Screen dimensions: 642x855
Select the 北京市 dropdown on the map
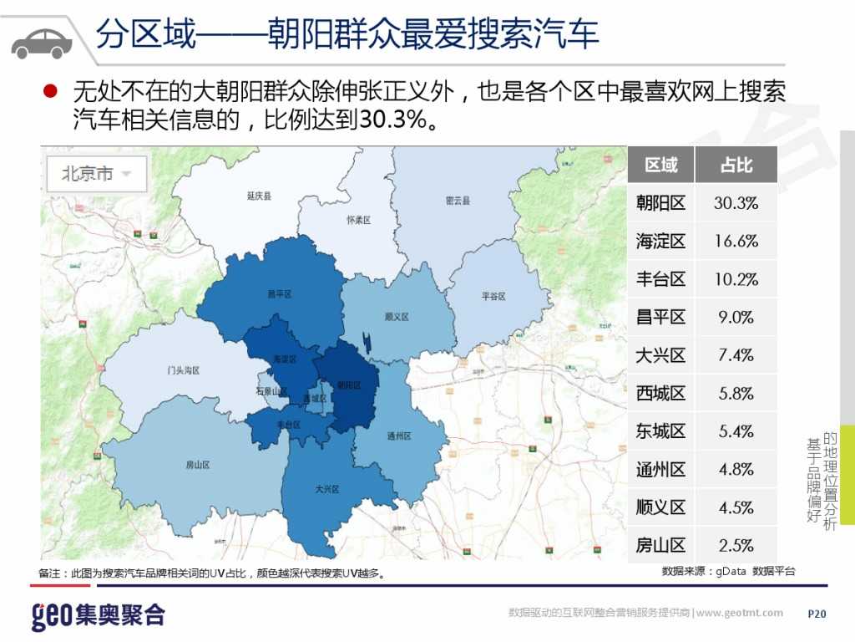click(x=97, y=174)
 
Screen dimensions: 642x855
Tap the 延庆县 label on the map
click(x=259, y=196)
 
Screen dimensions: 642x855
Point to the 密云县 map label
click(x=458, y=201)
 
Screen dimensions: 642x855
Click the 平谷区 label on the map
click(x=494, y=296)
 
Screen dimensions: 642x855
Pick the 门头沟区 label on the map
click(x=183, y=369)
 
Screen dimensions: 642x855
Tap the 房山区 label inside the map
click(x=197, y=465)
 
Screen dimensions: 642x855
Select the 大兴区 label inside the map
click(x=326, y=489)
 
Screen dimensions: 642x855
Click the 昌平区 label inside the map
click(x=279, y=294)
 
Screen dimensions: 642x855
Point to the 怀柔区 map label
click(x=357, y=220)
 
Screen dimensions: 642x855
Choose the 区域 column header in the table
click(x=660, y=165)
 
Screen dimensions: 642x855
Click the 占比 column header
click(x=736, y=165)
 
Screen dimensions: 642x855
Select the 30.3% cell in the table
click(x=736, y=203)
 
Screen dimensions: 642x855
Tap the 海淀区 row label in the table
click(x=660, y=242)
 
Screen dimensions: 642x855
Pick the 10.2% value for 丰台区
click(x=736, y=279)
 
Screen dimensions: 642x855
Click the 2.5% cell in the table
click(x=736, y=546)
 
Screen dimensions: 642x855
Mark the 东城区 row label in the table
click(x=660, y=431)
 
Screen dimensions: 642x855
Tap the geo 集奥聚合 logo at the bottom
click(x=98, y=615)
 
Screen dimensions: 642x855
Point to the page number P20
click(x=817, y=614)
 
